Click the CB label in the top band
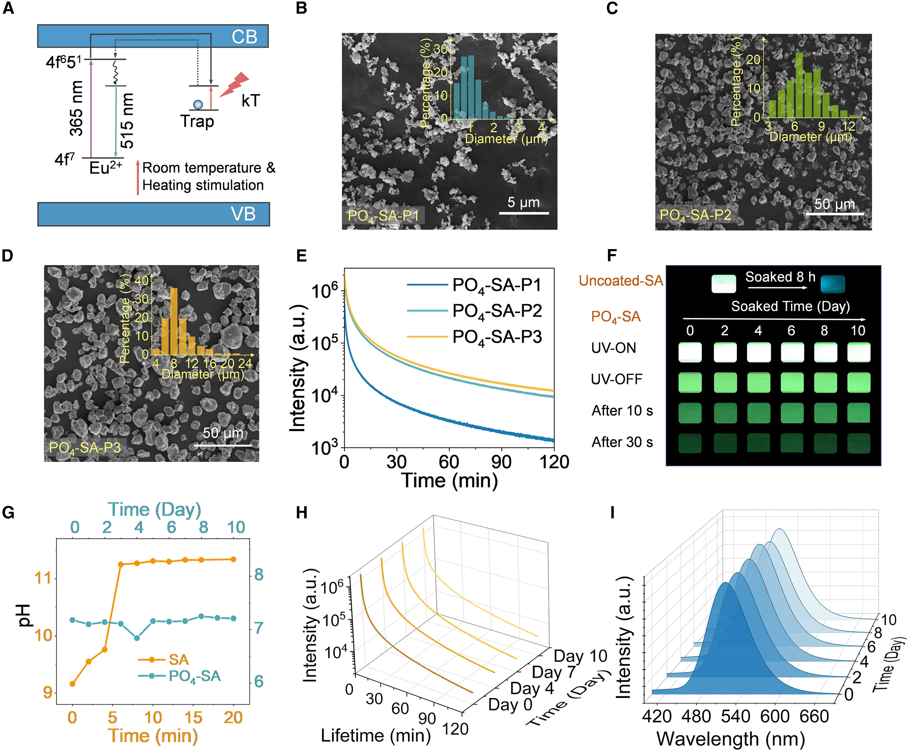pyautogui.click(x=244, y=37)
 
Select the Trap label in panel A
pyautogui.click(x=197, y=121)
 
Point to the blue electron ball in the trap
pyautogui.click(x=198, y=104)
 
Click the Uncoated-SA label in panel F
pyautogui.click(x=621, y=281)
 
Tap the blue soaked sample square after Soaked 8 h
pyautogui.click(x=833, y=284)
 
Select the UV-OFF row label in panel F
pyautogui.click(x=616, y=379)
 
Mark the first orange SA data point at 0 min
pyautogui.click(x=73, y=684)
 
